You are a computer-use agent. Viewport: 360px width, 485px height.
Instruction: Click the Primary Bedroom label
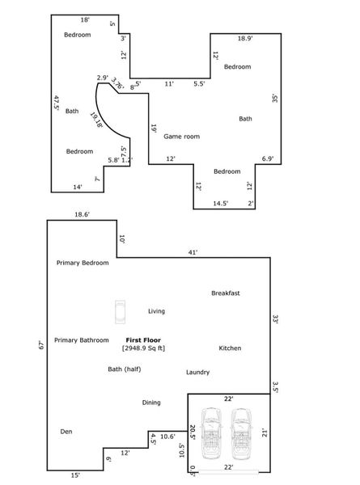[x=83, y=263]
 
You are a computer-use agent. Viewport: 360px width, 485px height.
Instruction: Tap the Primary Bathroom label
[x=82, y=340]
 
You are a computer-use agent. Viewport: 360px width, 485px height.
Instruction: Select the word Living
[x=156, y=310]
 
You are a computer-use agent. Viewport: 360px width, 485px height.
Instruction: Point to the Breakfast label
[x=226, y=293]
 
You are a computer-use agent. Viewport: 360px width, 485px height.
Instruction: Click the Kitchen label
[x=230, y=348]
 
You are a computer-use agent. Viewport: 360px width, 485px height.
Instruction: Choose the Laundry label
[x=197, y=373]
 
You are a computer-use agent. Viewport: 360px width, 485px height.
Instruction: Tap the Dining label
[x=151, y=403]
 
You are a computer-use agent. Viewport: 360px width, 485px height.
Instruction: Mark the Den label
[x=66, y=432]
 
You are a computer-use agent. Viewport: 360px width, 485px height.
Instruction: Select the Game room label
[x=181, y=137]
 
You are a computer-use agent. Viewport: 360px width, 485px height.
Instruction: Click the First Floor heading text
[x=144, y=340]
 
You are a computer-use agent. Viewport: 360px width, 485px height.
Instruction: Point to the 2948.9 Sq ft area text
[x=144, y=348]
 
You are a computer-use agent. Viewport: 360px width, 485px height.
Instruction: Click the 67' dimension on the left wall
[x=40, y=345]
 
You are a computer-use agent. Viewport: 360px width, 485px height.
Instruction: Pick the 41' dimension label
[x=193, y=253]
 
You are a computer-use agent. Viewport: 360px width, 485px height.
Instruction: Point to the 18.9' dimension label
[x=244, y=38]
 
